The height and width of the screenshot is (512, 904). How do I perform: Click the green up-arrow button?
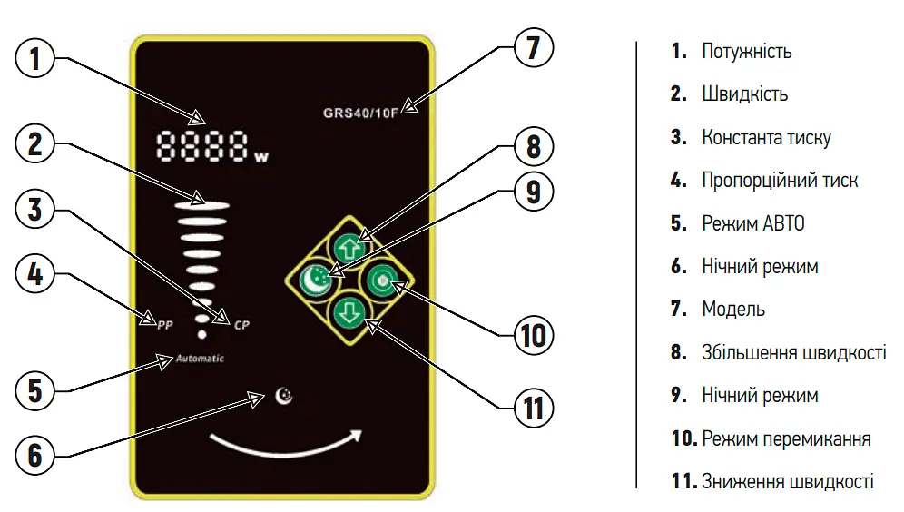[349, 249]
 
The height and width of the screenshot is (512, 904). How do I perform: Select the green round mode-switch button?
[382, 281]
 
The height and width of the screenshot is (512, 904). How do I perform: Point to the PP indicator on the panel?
[165, 325]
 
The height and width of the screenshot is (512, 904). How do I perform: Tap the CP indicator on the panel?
[241, 325]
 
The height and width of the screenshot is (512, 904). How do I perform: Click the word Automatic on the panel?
[200, 358]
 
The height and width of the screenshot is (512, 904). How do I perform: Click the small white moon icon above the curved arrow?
[284, 396]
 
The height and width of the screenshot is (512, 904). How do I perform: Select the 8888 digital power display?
[202, 145]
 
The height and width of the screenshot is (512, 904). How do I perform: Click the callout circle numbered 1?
[34, 58]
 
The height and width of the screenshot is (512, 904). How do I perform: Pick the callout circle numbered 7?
[534, 47]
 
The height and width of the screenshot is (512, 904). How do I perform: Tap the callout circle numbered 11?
[534, 409]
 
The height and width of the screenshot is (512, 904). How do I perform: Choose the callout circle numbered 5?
[34, 390]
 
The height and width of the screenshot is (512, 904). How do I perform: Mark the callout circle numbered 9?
[534, 191]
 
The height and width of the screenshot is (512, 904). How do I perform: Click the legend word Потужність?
[747, 52]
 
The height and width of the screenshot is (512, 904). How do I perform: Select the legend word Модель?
[733, 310]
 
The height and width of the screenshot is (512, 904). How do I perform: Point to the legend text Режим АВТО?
[753, 223]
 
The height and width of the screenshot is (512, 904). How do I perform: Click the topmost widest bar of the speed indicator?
[203, 205]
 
